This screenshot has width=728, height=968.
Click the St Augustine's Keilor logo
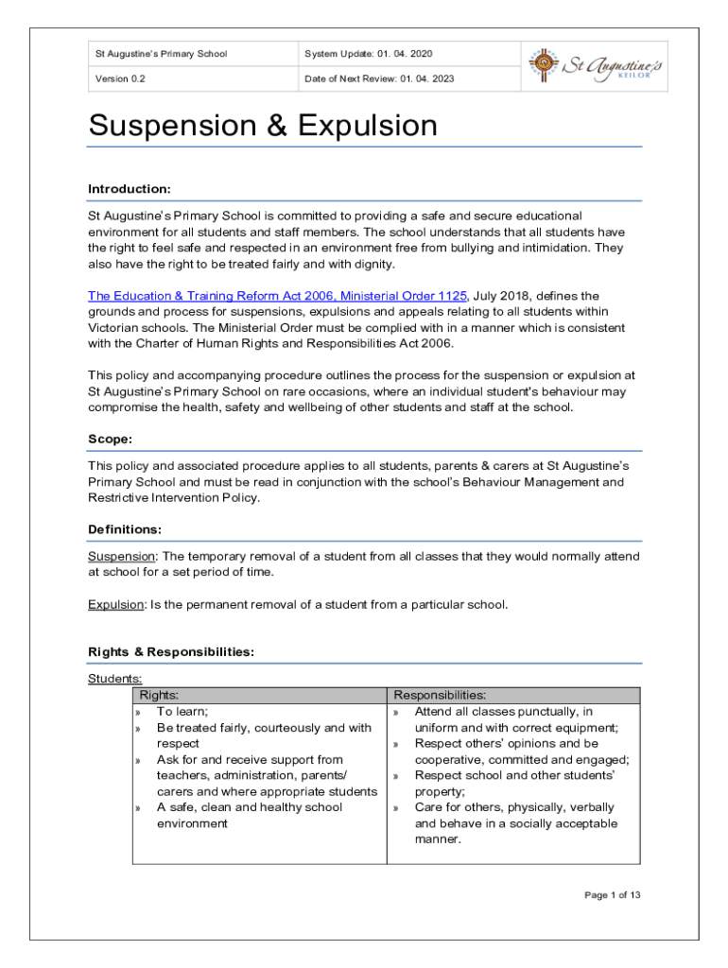point(595,65)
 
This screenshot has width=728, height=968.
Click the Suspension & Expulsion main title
point(263,127)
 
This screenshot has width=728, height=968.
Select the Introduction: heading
point(130,189)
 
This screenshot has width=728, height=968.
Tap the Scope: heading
point(110,440)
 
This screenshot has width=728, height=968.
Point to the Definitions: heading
point(125,529)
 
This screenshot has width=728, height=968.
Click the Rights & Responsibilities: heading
point(171,652)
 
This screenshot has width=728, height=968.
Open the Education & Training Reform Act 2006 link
point(278,296)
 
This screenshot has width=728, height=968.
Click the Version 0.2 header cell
point(120,78)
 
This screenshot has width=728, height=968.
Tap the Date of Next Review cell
point(379,78)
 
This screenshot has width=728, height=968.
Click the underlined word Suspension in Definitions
point(122,557)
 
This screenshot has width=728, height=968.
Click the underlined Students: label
point(115,679)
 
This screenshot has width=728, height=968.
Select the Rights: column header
point(159,696)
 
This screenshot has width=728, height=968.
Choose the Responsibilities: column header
point(440,696)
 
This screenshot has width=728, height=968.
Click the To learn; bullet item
point(182,712)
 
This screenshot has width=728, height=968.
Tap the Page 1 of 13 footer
point(613,895)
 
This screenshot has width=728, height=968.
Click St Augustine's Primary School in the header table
point(161,54)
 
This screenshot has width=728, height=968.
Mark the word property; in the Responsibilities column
point(440,791)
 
